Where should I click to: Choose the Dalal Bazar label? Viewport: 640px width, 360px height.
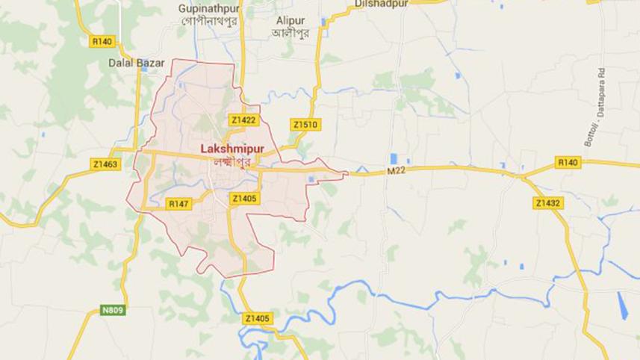coord(136,63)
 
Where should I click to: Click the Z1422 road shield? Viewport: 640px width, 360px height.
coord(243,120)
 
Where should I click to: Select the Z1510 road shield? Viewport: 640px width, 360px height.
coord(305,125)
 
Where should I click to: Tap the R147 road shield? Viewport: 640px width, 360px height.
coord(179,203)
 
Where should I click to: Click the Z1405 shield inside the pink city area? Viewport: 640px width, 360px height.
coord(244,198)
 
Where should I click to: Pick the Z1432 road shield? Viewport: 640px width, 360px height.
coord(548,202)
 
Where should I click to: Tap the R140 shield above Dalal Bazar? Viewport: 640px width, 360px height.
coord(102,42)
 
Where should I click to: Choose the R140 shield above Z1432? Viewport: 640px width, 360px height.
coord(568,161)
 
